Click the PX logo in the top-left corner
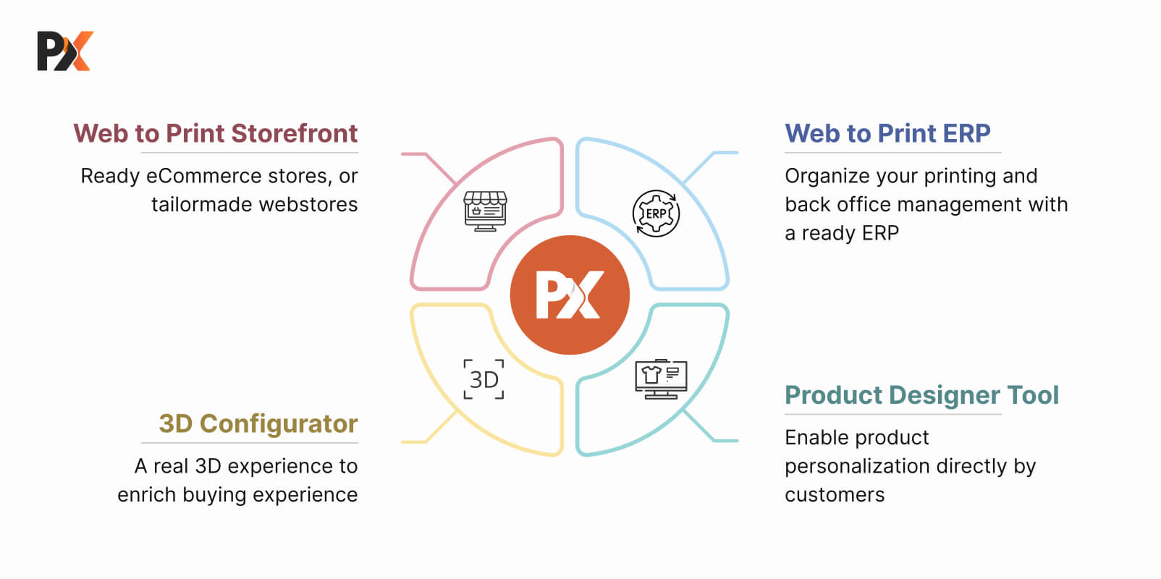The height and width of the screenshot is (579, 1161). (x=65, y=51)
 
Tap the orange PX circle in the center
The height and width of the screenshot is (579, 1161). (x=570, y=295)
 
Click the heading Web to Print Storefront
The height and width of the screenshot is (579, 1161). (x=216, y=134)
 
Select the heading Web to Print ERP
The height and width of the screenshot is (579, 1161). (x=887, y=134)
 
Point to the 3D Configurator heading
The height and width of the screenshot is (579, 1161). (x=258, y=423)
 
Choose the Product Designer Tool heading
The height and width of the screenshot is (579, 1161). (x=921, y=395)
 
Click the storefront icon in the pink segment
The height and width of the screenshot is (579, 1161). (x=485, y=211)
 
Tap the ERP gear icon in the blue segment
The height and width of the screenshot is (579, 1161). (x=656, y=214)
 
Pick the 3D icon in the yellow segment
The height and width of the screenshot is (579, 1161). (x=484, y=379)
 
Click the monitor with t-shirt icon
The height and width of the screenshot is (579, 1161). (x=661, y=379)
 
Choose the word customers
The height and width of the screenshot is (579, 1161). (x=835, y=495)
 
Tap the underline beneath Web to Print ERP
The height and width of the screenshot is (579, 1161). (x=893, y=153)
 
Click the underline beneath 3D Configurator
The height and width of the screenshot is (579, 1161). (x=250, y=443)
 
